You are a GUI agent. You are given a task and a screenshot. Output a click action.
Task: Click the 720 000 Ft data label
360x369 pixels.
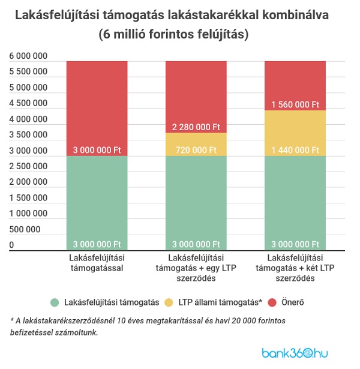(196, 149)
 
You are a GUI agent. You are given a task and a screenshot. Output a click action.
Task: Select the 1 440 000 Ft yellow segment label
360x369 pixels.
(295, 149)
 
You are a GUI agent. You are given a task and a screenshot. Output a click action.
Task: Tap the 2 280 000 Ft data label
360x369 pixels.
(196, 127)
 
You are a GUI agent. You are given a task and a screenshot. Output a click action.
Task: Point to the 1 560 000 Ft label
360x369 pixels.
(295, 104)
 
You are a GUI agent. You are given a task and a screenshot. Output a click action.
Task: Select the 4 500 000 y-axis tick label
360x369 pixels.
(28, 103)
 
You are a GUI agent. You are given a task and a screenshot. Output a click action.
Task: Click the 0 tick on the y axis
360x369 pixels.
(11, 245)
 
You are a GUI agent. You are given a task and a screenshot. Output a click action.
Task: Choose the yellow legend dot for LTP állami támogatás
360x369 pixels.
(170, 302)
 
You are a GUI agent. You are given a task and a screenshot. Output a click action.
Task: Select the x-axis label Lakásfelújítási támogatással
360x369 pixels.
(97, 263)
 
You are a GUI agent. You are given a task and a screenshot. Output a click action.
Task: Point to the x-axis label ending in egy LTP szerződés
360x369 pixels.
(196, 268)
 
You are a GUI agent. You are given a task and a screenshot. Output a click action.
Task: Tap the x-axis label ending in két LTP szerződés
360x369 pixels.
(295, 268)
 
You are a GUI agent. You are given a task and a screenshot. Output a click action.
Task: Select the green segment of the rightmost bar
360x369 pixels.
(295, 201)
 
